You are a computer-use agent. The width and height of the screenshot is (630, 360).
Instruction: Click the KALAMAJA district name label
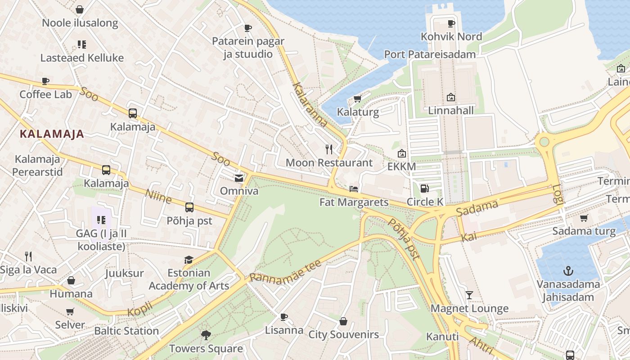coord(52,134)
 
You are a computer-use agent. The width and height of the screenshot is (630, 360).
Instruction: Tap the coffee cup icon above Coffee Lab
coord(45,81)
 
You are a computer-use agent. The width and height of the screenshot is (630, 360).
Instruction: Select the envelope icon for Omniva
coord(239,178)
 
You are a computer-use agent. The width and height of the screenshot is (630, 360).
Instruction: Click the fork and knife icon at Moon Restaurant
coord(329,149)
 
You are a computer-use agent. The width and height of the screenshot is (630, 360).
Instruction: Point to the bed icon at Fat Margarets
coord(354,189)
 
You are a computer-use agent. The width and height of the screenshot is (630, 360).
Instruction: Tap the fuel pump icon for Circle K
coord(424,188)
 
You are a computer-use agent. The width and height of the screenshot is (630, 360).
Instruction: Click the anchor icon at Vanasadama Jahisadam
coord(568,271)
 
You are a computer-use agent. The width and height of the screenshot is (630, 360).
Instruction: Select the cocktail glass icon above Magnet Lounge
coord(469,295)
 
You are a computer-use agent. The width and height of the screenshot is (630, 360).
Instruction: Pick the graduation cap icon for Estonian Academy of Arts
coord(189,260)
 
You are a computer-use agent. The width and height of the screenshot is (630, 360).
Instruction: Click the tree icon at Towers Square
coord(206,335)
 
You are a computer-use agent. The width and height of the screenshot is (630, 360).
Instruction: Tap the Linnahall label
coord(450,110)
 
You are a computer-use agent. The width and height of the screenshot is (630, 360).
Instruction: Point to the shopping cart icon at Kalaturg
coord(358,98)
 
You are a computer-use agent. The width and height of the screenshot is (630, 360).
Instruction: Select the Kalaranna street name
coord(310,104)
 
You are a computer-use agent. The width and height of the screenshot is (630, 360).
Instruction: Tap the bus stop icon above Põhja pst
coord(189,207)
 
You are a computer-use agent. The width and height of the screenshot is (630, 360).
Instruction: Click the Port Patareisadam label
coord(430,54)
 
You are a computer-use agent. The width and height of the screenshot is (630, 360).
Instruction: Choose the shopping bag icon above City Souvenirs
coord(343,321)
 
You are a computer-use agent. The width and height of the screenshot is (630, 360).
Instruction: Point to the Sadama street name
coord(477,208)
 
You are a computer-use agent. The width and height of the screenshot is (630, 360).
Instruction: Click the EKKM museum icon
coord(402,153)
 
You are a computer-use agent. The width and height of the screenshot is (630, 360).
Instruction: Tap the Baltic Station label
coord(126,331)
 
